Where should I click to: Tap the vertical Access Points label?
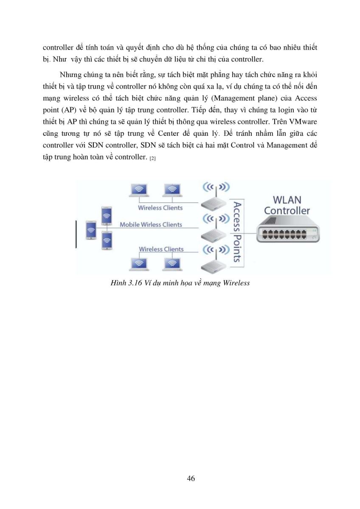tap(237, 232)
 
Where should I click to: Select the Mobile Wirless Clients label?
tap(151, 224)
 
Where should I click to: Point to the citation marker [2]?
tap(152, 158)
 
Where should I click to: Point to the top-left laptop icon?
tap(139, 190)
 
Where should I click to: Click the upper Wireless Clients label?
tap(160, 208)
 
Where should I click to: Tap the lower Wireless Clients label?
tap(161, 249)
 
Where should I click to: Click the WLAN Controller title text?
tap(287, 205)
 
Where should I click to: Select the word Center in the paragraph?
tap(168, 133)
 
